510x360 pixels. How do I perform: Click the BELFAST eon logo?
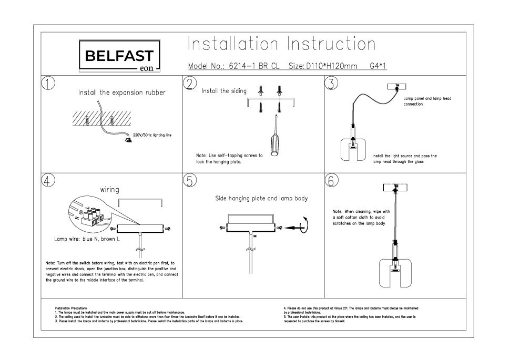[119, 56]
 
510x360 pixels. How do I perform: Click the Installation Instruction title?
[281, 44]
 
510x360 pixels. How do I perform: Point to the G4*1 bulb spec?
[378, 67]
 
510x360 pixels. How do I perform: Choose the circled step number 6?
[331, 180]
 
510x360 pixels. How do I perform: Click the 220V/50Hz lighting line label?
[153, 135]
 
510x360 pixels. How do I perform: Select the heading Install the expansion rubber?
[122, 92]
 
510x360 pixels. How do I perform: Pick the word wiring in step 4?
[109, 189]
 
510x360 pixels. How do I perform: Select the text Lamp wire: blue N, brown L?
[87, 239]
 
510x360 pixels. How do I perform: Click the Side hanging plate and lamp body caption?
[261, 199]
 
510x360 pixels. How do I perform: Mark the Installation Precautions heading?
[72, 308]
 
